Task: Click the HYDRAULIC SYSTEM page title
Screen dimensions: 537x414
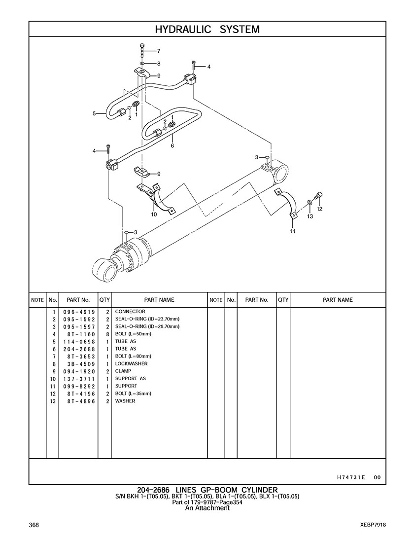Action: [x=207, y=30]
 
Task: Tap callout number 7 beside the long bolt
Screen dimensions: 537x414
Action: [x=159, y=51]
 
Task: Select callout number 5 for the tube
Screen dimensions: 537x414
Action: [x=94, y=114]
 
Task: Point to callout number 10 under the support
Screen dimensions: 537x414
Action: [x=154, y=214]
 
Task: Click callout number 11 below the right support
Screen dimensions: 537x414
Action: [x=292, y=231]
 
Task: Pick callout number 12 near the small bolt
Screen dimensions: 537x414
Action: [x=319, y=209]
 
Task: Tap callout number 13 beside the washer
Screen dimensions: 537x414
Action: [x=310, y=216]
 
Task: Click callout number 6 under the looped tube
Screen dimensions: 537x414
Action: [x=172, y=145]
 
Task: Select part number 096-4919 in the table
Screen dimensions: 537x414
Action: [x=79, y=312]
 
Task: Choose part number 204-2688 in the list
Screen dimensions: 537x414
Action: [x=79, y=349]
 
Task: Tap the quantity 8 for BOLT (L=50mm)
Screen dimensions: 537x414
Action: [x=107, y=334]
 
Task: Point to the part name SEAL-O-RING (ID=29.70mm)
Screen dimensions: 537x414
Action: [x=147, y=326]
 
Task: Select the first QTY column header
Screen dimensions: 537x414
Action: [x=104, y=300]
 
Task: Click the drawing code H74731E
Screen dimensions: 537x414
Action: [x=351, y=477]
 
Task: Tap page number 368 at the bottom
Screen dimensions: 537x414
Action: [x=34, y=525]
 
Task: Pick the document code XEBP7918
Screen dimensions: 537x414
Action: [x=373, y=525]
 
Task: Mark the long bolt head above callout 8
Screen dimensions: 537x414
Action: [x=142, y=46]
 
